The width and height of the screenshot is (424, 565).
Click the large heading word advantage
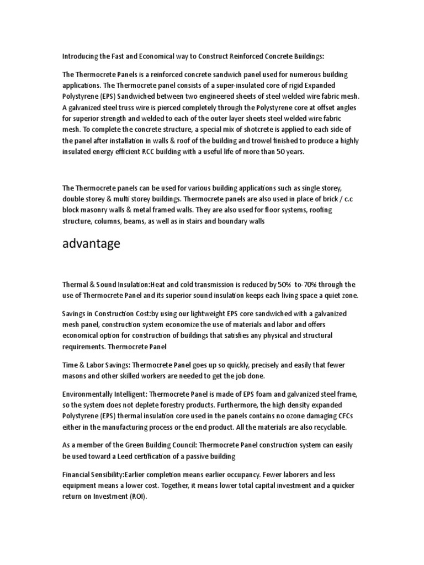tap(91, 244)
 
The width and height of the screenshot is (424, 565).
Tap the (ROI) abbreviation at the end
tap(140, 497)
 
